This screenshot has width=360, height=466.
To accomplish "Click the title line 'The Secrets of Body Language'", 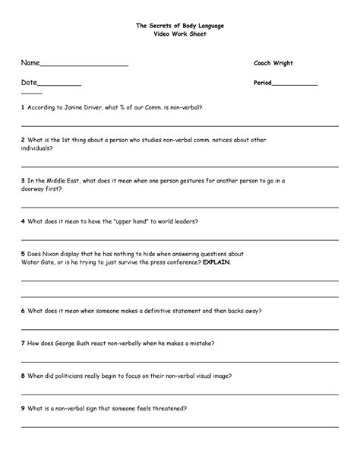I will [180, 26].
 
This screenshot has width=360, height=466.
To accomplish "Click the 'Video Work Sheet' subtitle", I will [180, 35].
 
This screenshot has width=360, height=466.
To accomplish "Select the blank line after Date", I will [59, 84].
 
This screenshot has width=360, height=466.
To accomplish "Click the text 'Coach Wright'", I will [273, 63].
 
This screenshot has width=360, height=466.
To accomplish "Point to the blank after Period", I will [295, 84].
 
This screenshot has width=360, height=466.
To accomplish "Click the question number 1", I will [23, 107].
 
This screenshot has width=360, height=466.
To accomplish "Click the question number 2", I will [23, 140].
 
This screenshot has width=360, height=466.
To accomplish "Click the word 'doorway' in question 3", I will [35, 189].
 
